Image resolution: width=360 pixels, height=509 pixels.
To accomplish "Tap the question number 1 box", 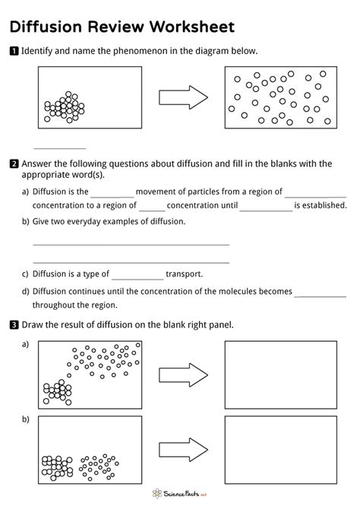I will click(x=14, y=52).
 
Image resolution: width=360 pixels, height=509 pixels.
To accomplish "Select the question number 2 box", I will click(x=14, y=163).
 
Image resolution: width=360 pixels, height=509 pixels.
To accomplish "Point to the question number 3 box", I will click(x=14, y=325).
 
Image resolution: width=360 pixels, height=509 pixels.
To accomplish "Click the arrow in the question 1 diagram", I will click(x=183, y=97).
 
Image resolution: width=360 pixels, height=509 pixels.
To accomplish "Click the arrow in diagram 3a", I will click(x=183, y=374).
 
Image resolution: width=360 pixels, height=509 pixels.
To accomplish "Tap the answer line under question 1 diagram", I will click(x=60, y=147).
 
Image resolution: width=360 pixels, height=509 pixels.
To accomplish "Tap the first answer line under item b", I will click(x=131, y=245).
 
